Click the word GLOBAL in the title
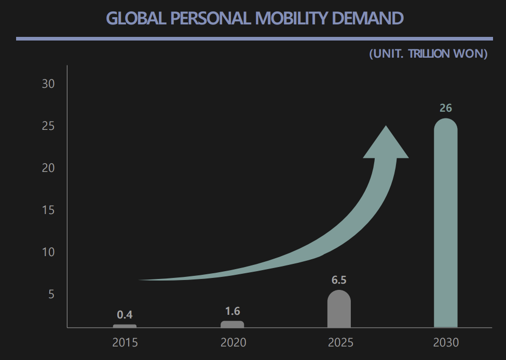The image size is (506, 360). [x=134, y=18]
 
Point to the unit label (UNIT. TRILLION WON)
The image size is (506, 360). [x=428, y=54]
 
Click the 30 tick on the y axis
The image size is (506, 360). [x=48, y=84]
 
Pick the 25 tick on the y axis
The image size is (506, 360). [x=48, y=126]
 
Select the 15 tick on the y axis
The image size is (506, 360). [x=48, y=210]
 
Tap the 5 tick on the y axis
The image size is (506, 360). [x=51, y=295]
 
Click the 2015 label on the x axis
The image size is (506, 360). [x=125, y=343]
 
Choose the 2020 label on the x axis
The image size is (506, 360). [x=233, y=343]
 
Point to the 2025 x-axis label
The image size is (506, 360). [x=340, y=343]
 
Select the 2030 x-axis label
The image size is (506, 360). [x=446, y=343]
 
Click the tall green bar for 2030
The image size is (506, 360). [x=445, y=223]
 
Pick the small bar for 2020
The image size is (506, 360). [x=232, y=324]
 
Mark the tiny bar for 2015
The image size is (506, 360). [x=125, y=326]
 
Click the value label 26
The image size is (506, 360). [x=445, y=108]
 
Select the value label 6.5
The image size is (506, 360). [x=339, y=280]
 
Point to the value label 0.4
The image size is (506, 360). [x=125, y=314]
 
